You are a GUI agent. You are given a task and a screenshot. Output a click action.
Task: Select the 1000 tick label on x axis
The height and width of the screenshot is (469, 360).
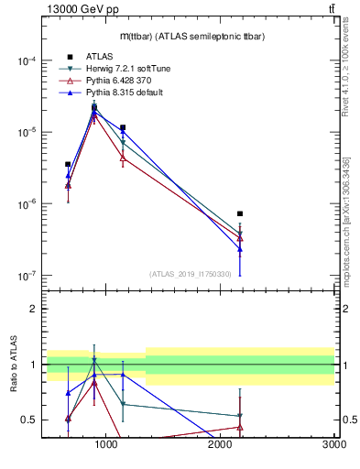[x=106, y=445]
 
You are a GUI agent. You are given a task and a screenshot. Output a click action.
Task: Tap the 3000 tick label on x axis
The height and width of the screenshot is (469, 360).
[x=333, y=445]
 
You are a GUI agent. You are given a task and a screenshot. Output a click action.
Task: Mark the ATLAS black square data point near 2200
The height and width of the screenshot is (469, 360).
[x=240, y=213]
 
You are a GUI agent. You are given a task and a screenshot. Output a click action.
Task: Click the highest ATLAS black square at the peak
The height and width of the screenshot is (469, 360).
[x=94, y=107]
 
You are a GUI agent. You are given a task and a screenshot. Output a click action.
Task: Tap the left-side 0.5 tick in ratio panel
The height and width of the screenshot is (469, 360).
[x=29, y=420]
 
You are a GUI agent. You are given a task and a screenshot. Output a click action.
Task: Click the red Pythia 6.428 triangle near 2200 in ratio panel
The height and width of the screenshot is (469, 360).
[x=240, y=427]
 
